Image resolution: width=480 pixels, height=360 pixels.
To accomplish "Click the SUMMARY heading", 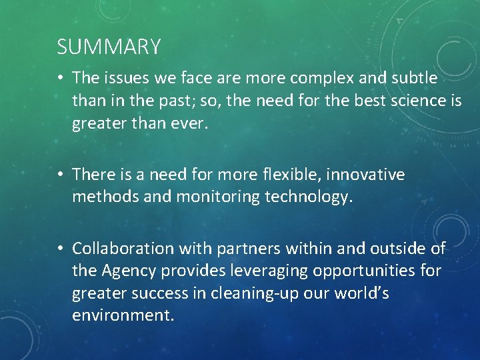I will [109, 47].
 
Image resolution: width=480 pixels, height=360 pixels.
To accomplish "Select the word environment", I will [123, 316].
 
